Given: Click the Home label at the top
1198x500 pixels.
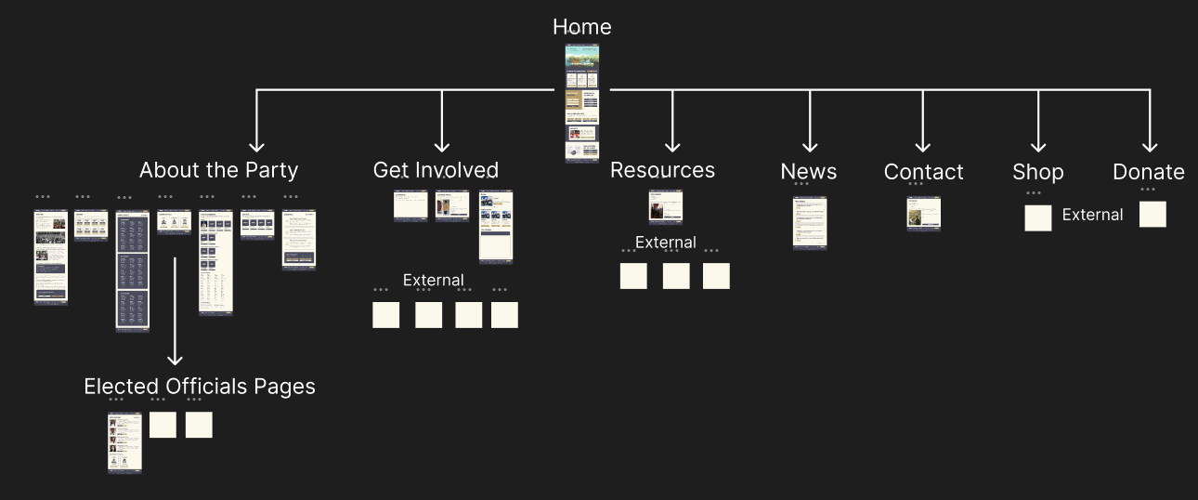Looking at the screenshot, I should (582, 27).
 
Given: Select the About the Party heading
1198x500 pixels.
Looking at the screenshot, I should (218, 170).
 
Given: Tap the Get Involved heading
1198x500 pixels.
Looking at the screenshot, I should (436, 170).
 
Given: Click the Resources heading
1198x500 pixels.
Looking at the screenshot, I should (662, 170).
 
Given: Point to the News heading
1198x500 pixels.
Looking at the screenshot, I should (808, 172).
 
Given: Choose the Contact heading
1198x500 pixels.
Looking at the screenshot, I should (923, 172).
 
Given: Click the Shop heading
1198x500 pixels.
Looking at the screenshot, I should (1037, 172).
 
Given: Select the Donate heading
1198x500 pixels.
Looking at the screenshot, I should (1148, 172).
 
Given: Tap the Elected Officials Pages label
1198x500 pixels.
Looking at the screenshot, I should (200, 387).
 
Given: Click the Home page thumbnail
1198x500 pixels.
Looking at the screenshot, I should (582, 103).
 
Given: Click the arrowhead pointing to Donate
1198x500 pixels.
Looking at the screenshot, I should (1150, 145).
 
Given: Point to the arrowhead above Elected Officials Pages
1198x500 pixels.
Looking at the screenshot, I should (175, 358).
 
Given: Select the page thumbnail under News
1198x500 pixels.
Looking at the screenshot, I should (810, 223).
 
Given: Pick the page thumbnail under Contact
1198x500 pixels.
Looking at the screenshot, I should (923, 214).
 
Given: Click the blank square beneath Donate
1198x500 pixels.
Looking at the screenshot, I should (1152, 215).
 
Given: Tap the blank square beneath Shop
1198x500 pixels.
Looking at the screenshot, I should (1038, 218).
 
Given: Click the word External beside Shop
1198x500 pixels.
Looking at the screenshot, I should (1092, 215).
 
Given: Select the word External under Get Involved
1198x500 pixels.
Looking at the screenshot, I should (433, 280).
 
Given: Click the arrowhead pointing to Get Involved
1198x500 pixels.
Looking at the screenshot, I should (441, 145).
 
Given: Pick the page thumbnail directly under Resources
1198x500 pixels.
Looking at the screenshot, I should (661, 207).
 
